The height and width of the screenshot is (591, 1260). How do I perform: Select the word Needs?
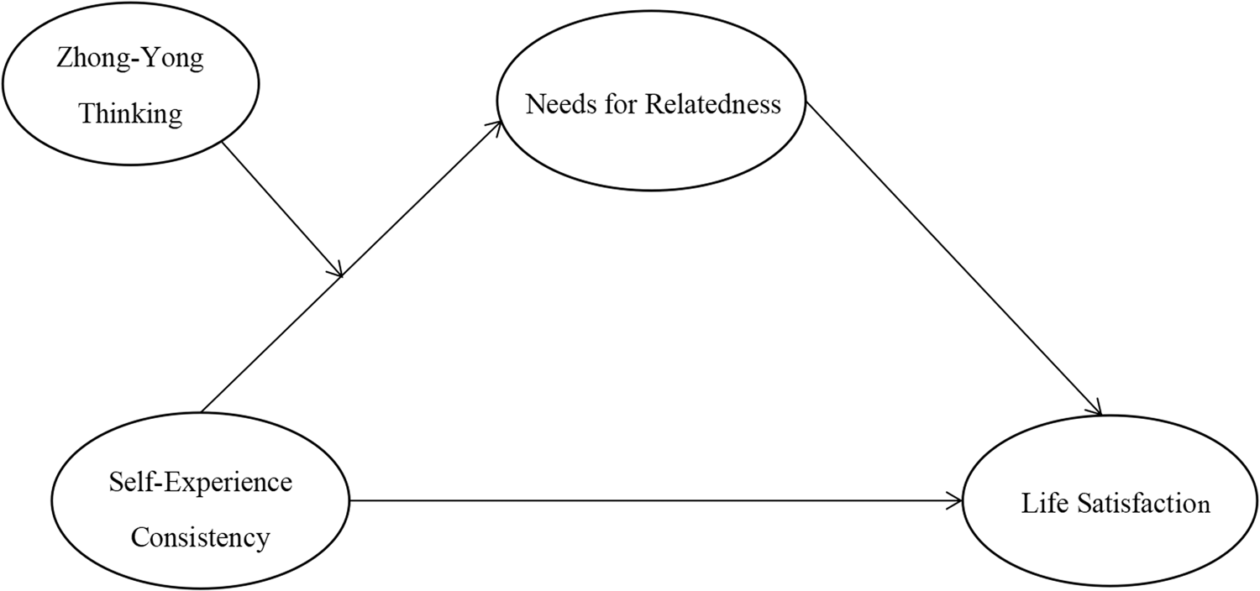[554, 104]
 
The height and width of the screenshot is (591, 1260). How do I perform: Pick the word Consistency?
[201, 536]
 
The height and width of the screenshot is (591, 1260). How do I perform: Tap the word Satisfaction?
[1141, 504]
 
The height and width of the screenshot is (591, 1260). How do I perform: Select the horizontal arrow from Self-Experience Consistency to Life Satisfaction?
[655, 501]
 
